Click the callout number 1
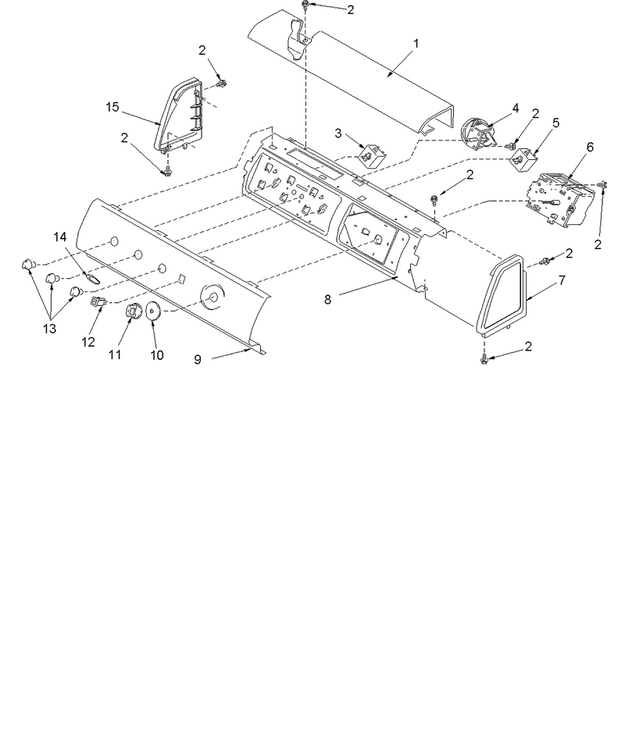click(x=416, y=44)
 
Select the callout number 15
click(x=112, y=107)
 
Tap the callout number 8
click(x=327, y=300)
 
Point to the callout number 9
click(x=198, y=359)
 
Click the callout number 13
click(x=50, y=329)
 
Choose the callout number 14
click(x=60, y=237)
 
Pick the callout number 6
click(x=590, y=147)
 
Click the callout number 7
click(x=562, y=280)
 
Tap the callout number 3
click(x=338, y=134)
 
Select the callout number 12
click(x=88, y=342)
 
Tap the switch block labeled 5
click(x=522, y=159)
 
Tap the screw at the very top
click(x=305, y=5)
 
